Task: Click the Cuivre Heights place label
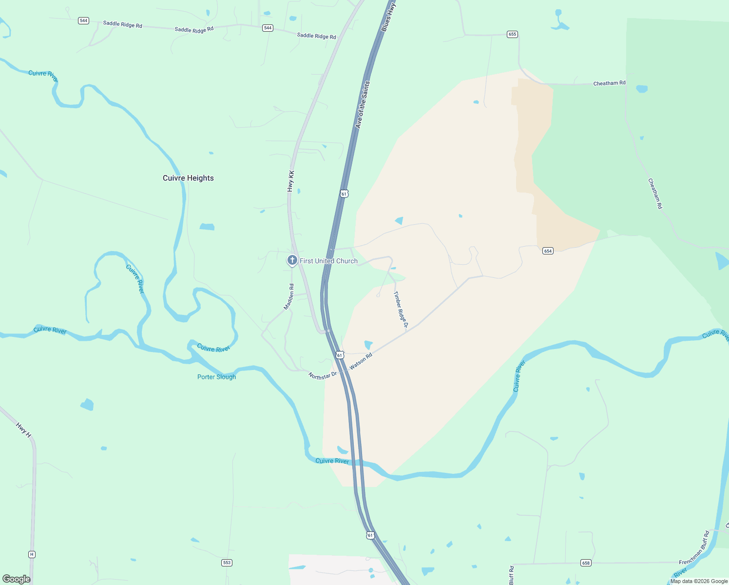pos(188,178)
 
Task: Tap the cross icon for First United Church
pos(292,260)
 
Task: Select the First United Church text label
pos(328,261)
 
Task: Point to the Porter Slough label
pos(216,377)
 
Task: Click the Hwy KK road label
pos(291,180)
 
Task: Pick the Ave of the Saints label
pos(363,105)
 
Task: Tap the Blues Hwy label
pos(388,18)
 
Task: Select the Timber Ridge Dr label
pos(401,309)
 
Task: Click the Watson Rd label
pos(361,361)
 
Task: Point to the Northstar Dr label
pos(323,375)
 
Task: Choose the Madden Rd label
pos(289,296)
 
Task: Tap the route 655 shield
pos(512,34)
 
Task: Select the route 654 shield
pos(548,251)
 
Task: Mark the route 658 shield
pos(586,563)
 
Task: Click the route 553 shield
pos(227,563)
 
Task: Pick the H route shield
pos(32,554)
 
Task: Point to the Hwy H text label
pos(23,429)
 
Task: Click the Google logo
pos(17,579)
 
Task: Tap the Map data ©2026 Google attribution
pos(699,581)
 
